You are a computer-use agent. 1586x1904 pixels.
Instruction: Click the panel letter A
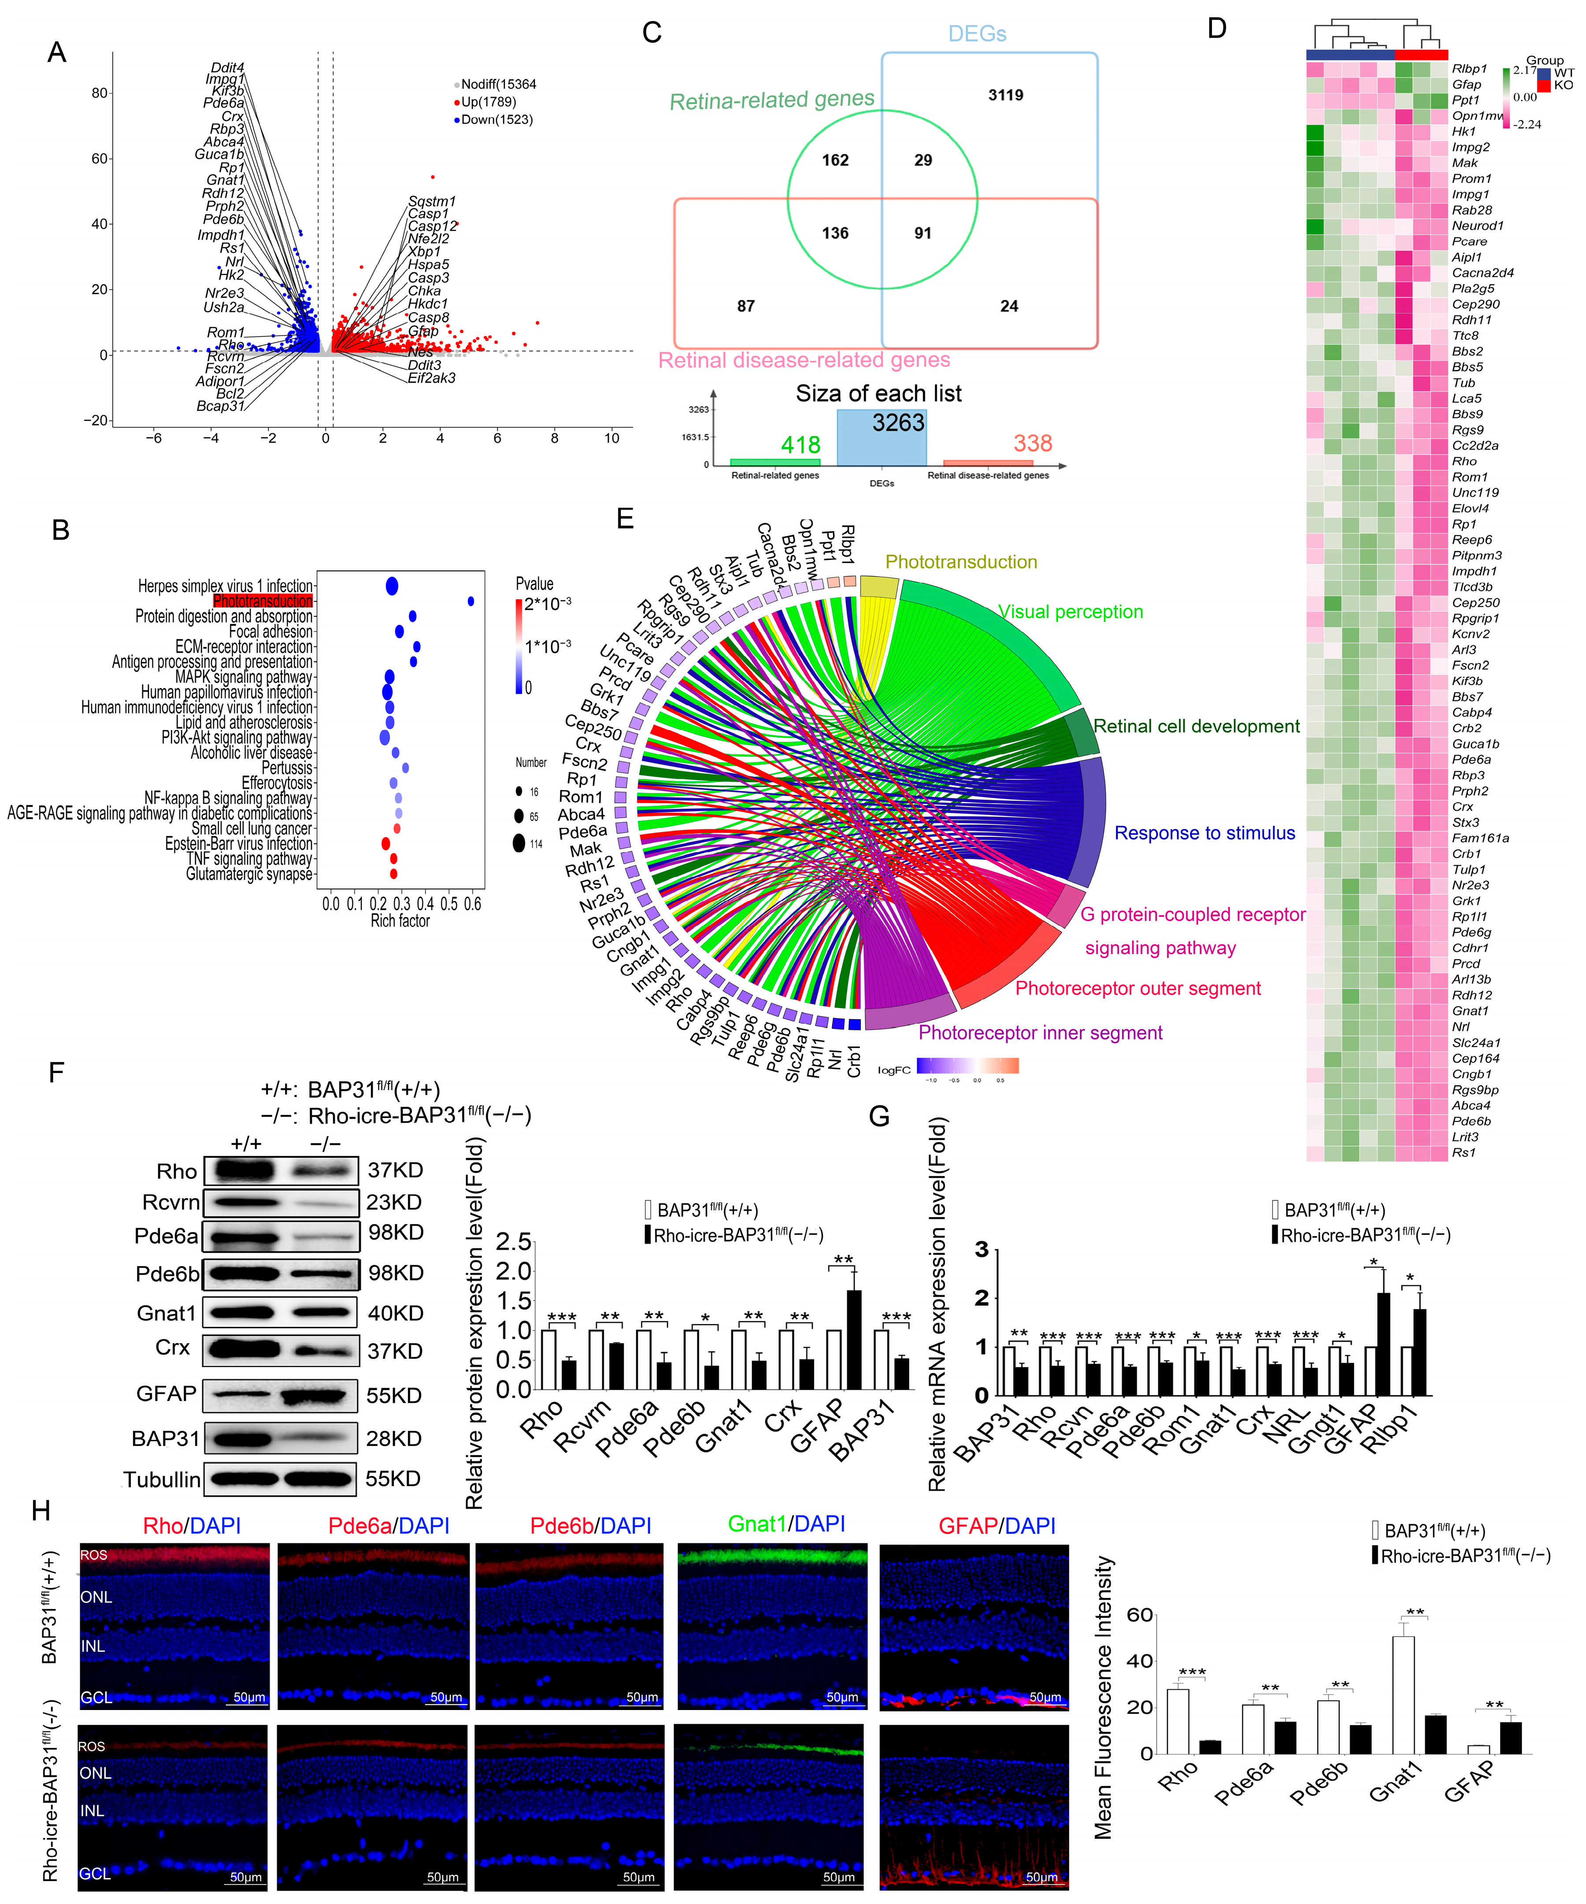coord(56,52)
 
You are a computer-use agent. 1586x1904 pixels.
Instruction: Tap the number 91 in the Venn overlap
coord(923,233)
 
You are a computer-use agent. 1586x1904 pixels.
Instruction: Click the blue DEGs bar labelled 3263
coord(881,438)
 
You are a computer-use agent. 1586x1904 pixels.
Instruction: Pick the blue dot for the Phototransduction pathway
coord(471,601)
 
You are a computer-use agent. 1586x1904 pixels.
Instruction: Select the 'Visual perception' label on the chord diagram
coord(1070,612)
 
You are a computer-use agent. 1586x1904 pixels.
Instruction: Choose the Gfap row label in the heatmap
coord(1466,84)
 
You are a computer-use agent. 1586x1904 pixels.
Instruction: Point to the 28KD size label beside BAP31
coord(393,1439)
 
